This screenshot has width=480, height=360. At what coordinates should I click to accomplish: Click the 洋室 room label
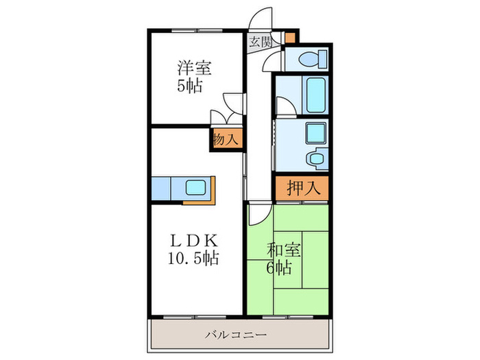tap(195, 68)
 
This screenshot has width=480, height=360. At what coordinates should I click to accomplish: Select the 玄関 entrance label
tap(259, 40)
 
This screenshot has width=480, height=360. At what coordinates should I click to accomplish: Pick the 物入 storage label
tap(226, 139)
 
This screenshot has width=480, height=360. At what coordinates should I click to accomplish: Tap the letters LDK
tap(194, 241)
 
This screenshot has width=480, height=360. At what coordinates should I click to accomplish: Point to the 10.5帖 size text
tap(194, 259)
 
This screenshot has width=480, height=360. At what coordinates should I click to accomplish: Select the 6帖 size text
tap(280, 267)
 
